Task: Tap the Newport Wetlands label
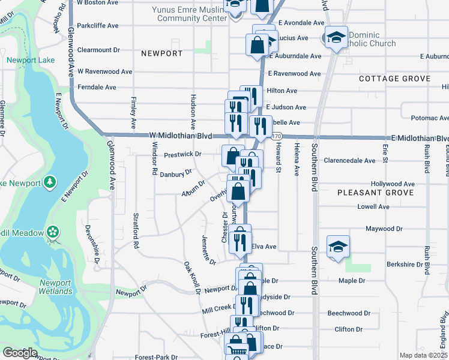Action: coord(56,287)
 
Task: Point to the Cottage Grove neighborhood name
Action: coord(394,79)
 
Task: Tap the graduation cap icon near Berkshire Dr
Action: coord(338,247)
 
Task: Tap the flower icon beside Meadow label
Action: coord(53,232)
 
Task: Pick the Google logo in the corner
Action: coord(20,353)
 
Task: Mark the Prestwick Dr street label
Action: coord(182,154)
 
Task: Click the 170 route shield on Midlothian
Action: coord(276,137)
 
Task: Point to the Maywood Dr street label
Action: coord(384,229)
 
